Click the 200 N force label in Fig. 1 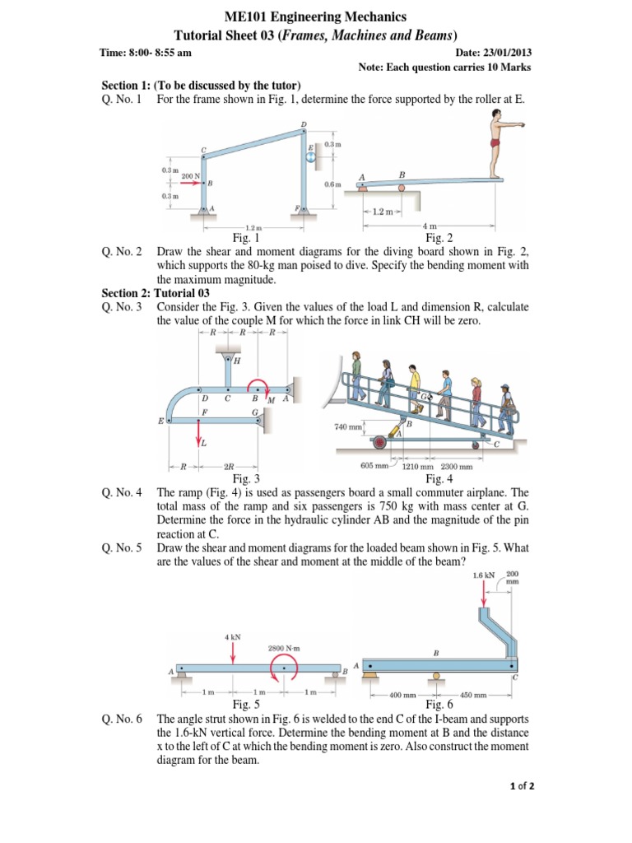click(190, 176)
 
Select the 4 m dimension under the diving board click(429, 225)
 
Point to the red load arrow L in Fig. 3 click(199, 433)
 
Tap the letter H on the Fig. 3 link click(238, 361)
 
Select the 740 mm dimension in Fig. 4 click(348, 426)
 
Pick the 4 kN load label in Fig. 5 click(233, 636)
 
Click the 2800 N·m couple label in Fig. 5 click(284, 648)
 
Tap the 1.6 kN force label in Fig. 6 click(484, 575)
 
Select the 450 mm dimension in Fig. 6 click(475, 695)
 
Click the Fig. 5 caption click(247, 705)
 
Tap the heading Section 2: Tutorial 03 click(156, 293)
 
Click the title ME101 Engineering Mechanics click(316, 16)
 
